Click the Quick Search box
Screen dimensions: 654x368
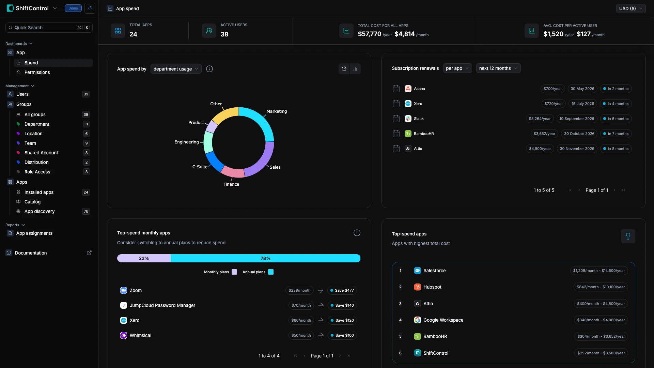pyautogui.click(x=49, y=28)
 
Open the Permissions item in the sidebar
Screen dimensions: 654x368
pyautogui.click(x=37, y=72)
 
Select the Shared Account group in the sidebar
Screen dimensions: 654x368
pyautogui.click(x=41, y=153)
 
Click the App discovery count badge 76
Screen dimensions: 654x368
pyautogui.click(x=86, y=211)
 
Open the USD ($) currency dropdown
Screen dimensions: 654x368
pyautogui.click(x=630, y=9)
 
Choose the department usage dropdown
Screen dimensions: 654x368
pyautogui.click(x=176, y=69)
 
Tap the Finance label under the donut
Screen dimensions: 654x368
pyautogui.click(x=231, y=184)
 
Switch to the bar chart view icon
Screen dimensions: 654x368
pyautogui.click(x=355, y=69)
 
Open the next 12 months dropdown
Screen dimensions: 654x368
pyautogui.click(x=498, y=68)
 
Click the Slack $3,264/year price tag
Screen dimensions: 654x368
pyautogui.click(x=540, y=119)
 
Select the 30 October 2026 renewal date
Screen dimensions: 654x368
pyautogui.click(x=579, y=134)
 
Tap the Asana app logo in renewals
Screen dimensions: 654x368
pyautogui.click(x=408, y=89)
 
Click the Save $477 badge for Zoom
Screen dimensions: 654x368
pyautogui.click(x=342, y=290)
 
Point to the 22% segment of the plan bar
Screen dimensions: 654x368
pyautogui.click(x=144, y=258)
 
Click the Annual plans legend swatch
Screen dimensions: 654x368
pyautogui.click(x=271, y=272)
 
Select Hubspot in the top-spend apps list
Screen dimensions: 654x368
pyautogui.click(x=432, y=287)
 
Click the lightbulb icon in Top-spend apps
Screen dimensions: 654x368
pyautogui.click(x=628, y=236)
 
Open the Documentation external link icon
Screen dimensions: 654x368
pyautogui.click(x=89, y=253)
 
